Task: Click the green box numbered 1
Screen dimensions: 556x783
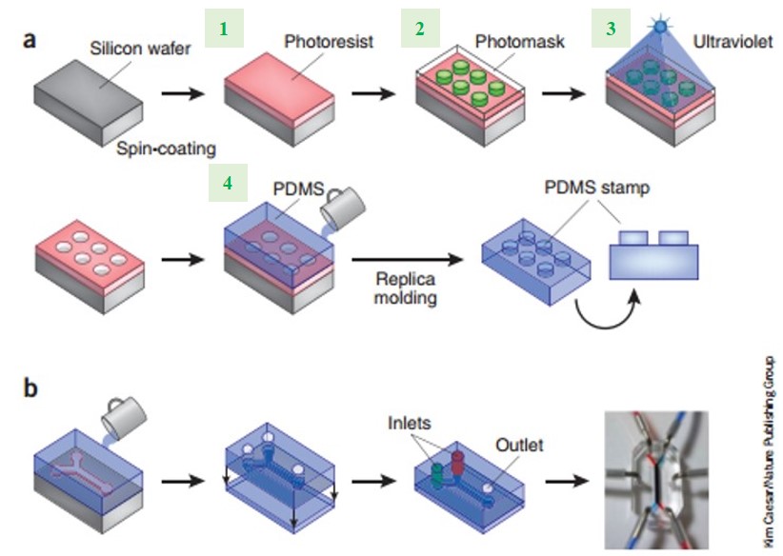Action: coord(225,28)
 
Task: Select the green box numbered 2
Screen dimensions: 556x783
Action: coord(416,28)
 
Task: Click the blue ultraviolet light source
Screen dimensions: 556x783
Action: coord(656,31)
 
